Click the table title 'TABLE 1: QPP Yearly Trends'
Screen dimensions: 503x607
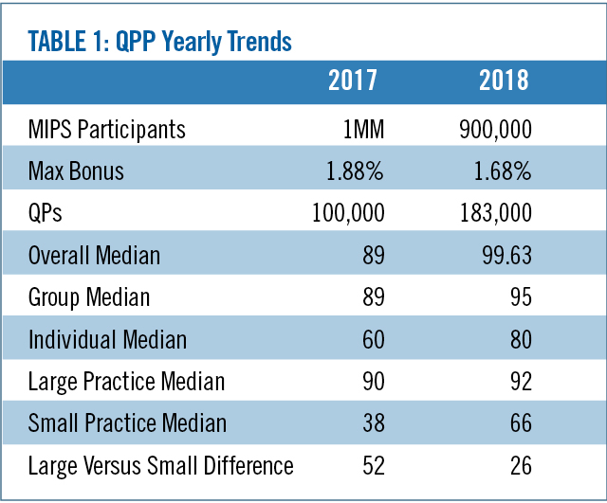click(160, 42)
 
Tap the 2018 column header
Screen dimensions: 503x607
click(504, 80)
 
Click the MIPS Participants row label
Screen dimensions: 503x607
click(107, 128)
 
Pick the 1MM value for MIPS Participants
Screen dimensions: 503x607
click(362, 128)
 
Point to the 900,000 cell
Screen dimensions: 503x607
click(494, 128)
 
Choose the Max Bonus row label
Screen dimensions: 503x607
click(77, 171)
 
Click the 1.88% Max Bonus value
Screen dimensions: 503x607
click(356, 171)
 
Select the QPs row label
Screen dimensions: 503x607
click(46, 213)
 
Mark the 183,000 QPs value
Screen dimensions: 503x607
click(494, 213)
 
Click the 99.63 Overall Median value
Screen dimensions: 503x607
click(504, 256)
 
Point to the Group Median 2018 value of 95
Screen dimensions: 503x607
click(518, 298)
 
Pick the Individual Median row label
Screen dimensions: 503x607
click(107, 340)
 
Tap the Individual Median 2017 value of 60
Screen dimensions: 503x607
click(371, 340)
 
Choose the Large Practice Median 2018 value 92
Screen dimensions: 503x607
click(518, 383)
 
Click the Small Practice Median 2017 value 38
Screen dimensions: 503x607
click(371, 424)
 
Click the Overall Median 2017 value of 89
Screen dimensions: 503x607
click(371, 256)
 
